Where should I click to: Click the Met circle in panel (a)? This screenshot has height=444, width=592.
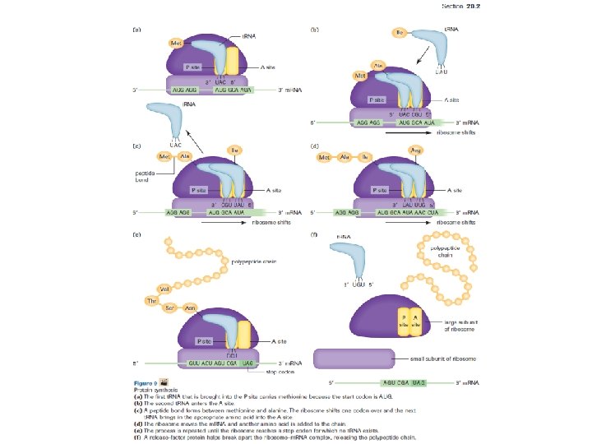coord(176,43)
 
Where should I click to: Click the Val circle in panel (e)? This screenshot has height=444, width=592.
coord(165,289)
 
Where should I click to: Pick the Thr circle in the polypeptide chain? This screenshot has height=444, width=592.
coord(152,301)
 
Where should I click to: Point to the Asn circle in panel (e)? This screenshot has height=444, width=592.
coord(190,308)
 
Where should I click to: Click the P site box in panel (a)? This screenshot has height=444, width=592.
coord(194,67)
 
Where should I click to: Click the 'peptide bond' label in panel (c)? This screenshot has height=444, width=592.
coord(147,177)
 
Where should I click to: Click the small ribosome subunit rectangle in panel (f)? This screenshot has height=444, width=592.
coord(355,358)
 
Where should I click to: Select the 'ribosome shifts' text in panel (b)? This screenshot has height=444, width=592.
coord(455,131)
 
